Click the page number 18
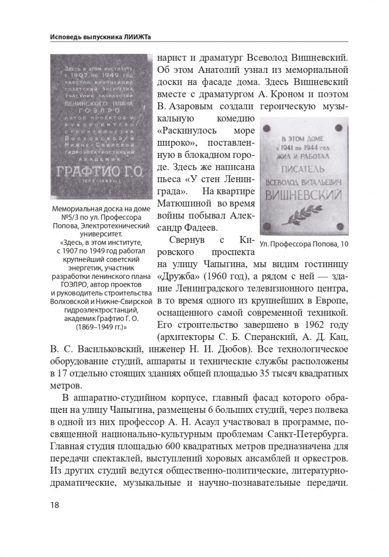pos(54,504)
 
